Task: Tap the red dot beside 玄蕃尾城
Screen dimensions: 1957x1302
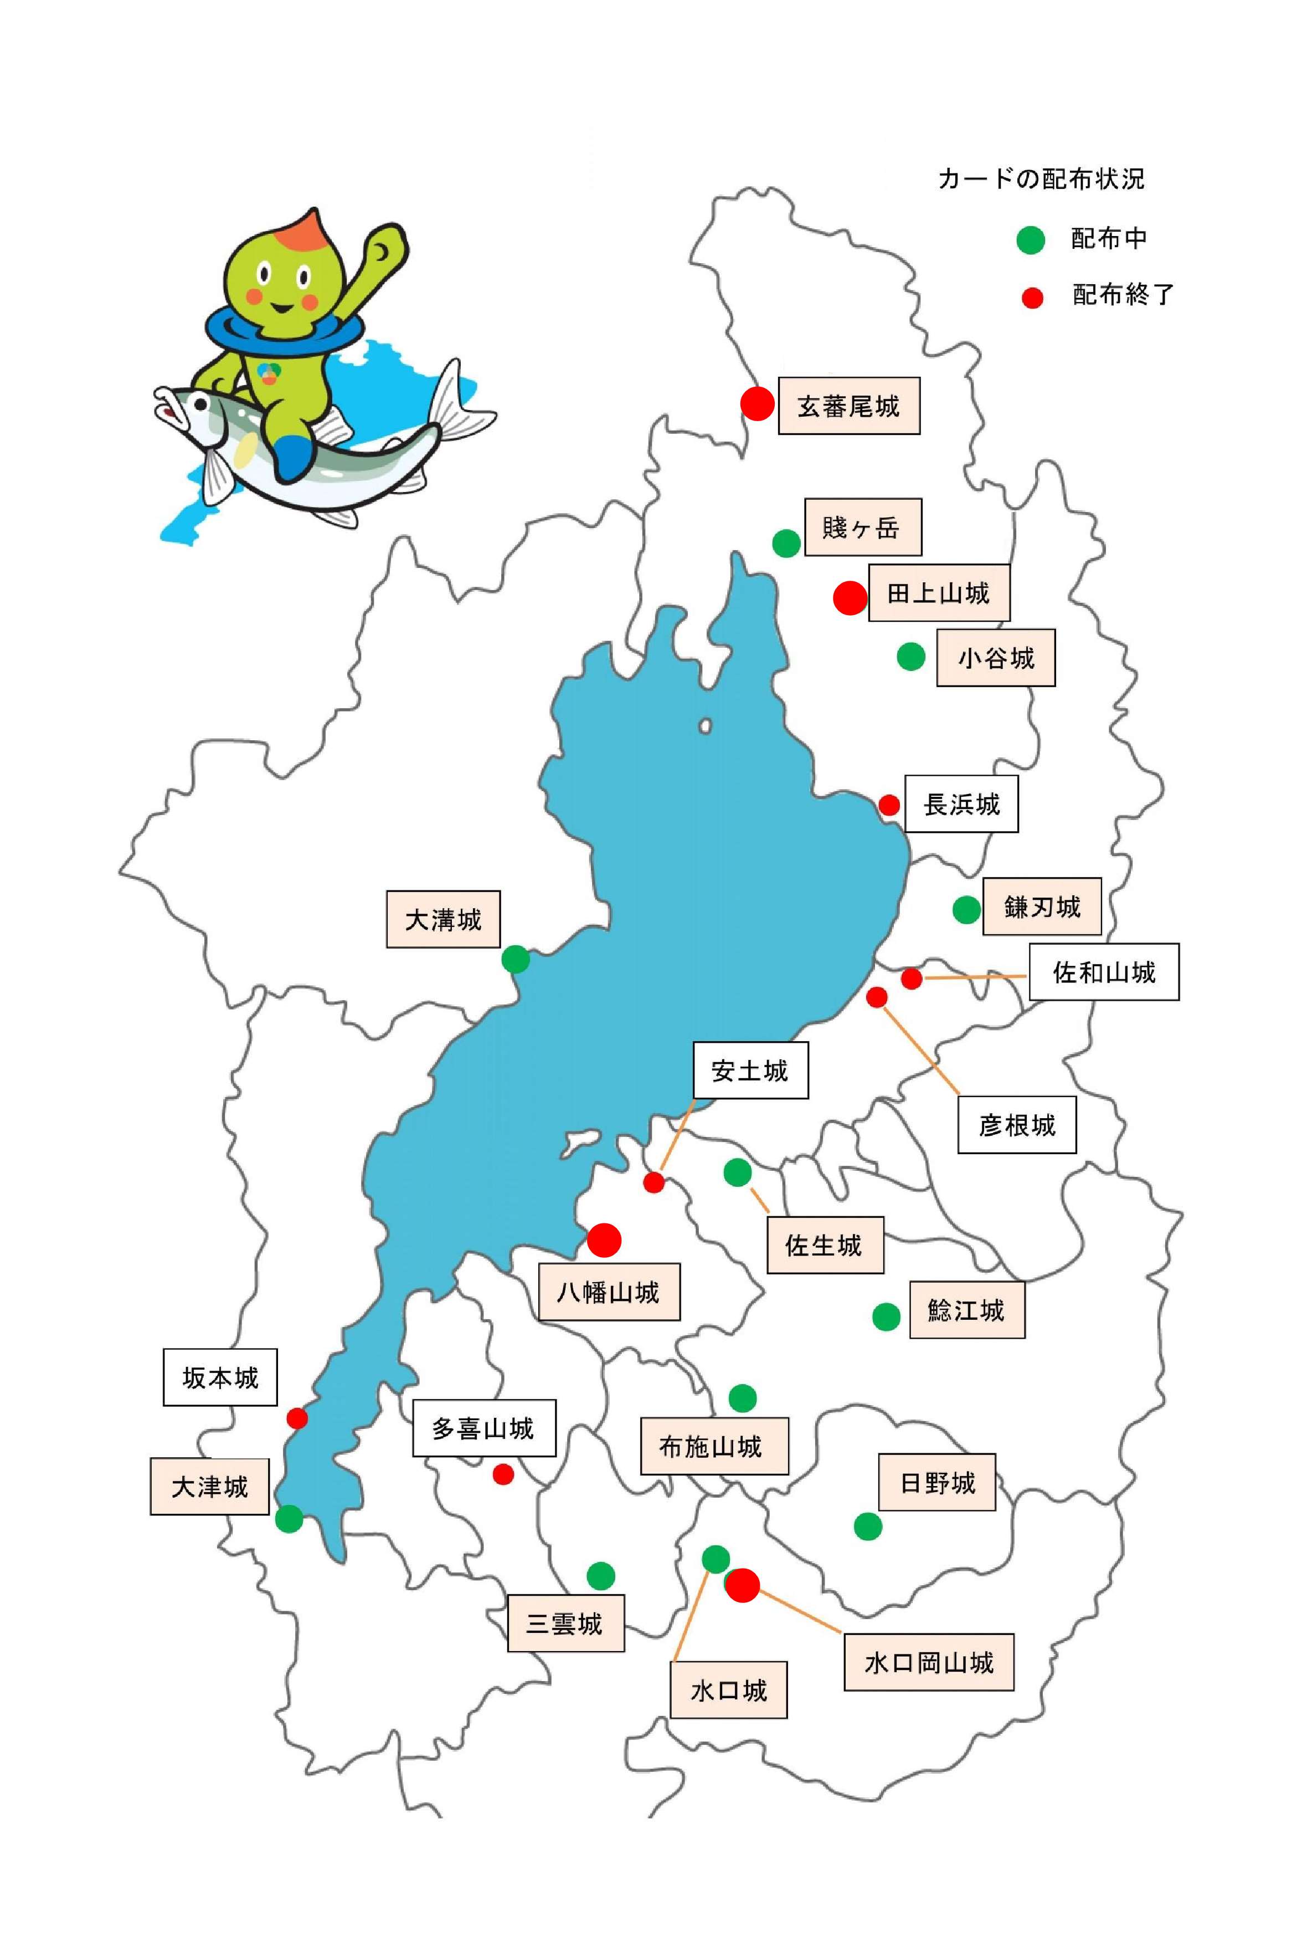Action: point(757,404)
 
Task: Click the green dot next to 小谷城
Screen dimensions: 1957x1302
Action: point(911,656)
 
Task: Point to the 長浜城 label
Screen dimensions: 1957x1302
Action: point(961,803)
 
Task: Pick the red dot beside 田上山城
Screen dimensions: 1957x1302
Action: point(850,597)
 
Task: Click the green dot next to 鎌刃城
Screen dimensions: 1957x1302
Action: point(966,910)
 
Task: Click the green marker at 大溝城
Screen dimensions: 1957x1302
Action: point(516,960)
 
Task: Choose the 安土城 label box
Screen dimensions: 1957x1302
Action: point(750,1070)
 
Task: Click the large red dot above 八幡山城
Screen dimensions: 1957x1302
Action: point(604,1240)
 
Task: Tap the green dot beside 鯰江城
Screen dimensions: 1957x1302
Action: point(886,1316)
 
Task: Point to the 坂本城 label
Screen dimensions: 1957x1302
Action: point(220,1378)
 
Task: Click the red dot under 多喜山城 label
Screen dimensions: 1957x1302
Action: point(503,1474)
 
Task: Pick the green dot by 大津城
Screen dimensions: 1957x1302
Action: point(289,1519)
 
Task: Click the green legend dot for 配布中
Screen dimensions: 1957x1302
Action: point(1031,240)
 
